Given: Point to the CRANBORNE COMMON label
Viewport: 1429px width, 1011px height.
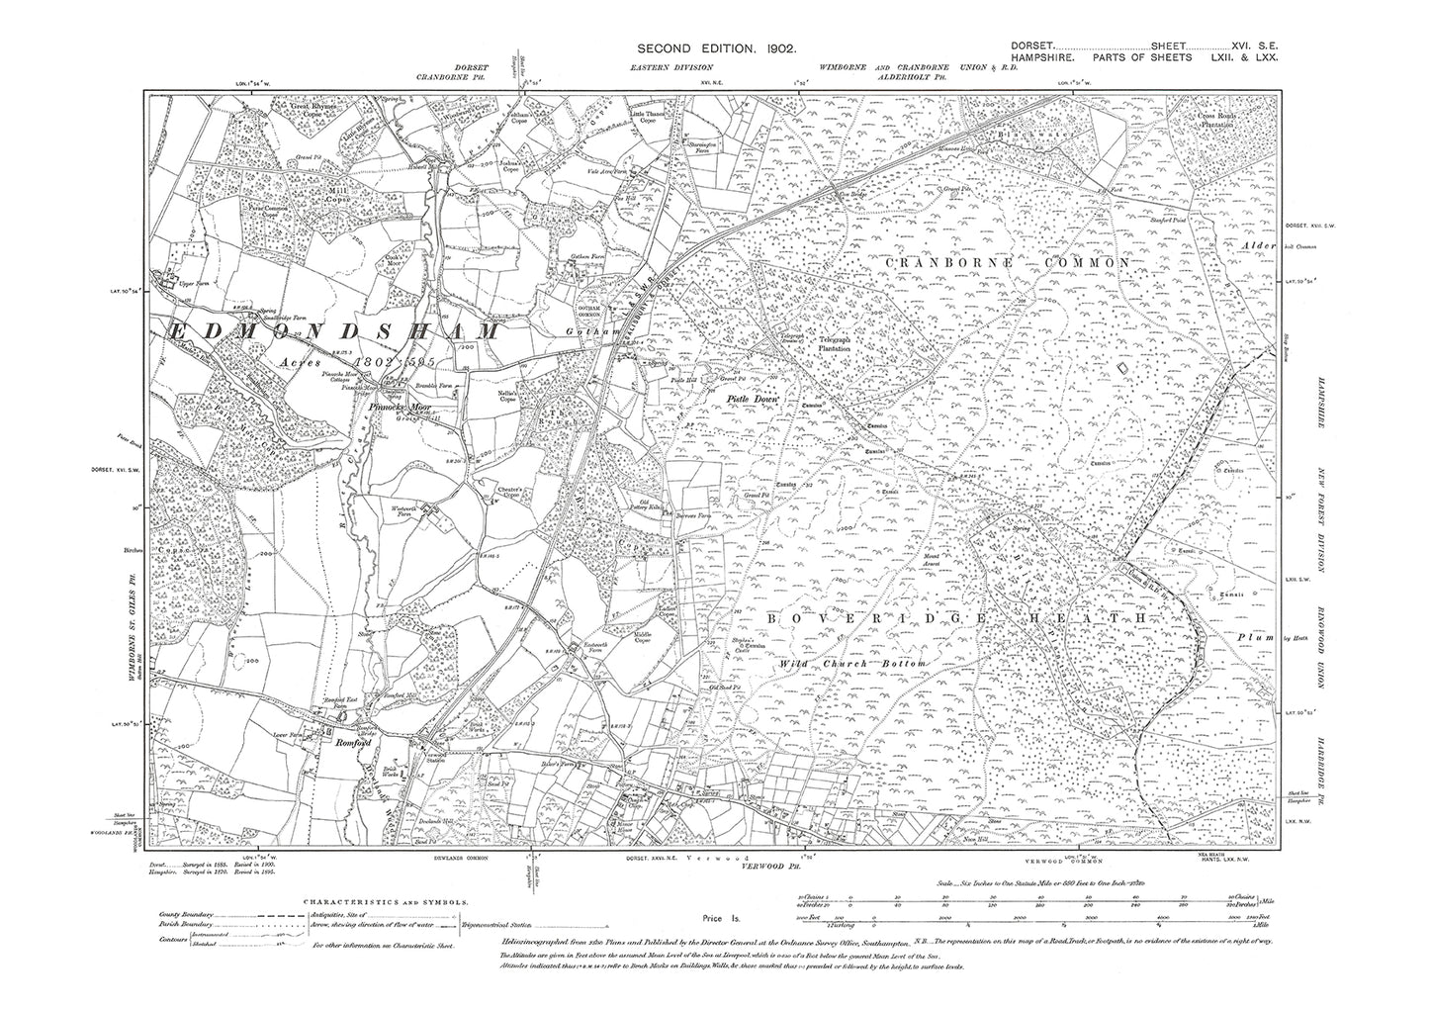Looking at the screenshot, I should (1002, 262).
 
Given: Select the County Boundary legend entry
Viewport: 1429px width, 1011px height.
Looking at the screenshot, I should (187, 917).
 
